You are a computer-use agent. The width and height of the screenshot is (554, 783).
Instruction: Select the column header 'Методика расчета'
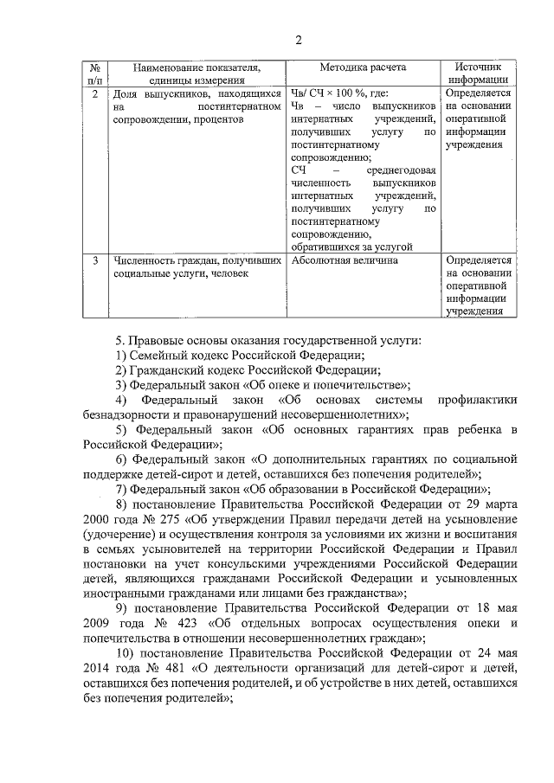(363, 67)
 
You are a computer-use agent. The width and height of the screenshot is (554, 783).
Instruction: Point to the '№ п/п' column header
(93, 73)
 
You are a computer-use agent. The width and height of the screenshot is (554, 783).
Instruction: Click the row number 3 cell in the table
(93, 260)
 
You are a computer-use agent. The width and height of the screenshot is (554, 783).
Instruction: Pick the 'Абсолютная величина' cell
(345, 260)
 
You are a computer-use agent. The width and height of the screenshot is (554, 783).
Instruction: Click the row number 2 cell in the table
(93, 93)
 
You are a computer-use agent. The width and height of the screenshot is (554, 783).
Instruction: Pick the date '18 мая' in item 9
(498, 607)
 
